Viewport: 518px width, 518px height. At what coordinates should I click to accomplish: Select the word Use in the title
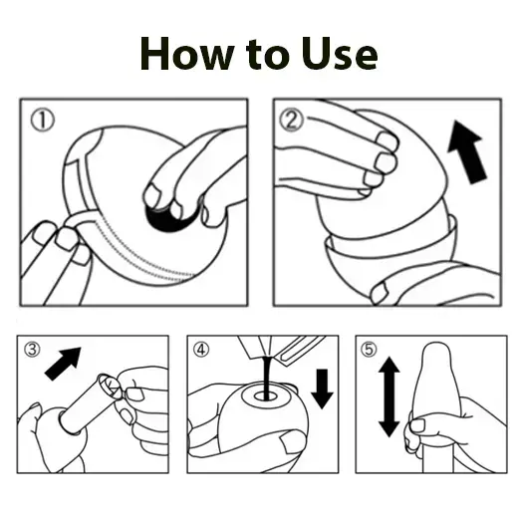click(341, 52)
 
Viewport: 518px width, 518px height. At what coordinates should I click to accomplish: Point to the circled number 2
click(291, 121)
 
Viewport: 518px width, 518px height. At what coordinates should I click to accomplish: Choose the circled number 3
click(32, 350)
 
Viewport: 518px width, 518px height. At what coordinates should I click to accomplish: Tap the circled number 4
click(203, 350)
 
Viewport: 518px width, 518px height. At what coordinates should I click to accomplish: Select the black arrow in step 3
click(65, 363)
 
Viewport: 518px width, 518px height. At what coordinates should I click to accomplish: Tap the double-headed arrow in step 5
click(388, 397)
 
